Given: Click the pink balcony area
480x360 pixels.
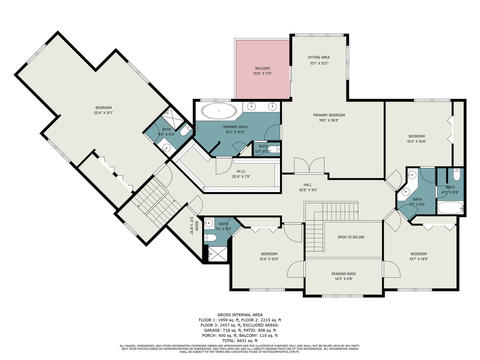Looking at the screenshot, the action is pyautogui.click(x=262, y=69).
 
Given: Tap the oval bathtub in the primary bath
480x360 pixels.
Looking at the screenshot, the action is pyautogui.click(x=219, y=111).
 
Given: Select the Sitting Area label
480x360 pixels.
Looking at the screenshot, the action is pyautogui.click(x=319, y=58).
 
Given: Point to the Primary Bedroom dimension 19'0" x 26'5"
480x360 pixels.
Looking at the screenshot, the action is pyautogui.click(x=329, y=120).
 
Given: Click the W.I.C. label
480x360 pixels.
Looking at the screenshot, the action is pyautogui.click(x=241, y=171).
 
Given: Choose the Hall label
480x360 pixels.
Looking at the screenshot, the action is pyautogui.click(x=307, y=185).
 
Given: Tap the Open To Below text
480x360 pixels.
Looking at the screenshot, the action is pyautogui.click(x=351, y=237).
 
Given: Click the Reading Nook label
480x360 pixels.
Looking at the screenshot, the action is pyautogui.click(x=343, y=274).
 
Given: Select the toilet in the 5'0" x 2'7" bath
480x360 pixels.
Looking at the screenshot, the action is pyautogui.click(x=273, y=149).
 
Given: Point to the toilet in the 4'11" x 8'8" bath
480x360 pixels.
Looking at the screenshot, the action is pyautogui.click(x=457, y=175).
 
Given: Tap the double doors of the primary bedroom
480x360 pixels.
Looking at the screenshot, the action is pyautogui.click(x=309, y=166).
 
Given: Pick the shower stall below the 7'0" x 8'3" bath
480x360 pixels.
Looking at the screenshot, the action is pyautogui.click(x=217, y=254).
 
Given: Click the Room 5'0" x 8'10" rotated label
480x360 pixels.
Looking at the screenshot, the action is pyautogui.click(x=194, y=226).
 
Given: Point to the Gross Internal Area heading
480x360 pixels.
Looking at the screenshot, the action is pyautogui.click(x=240, y=315).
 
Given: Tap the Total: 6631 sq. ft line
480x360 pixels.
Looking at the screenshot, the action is pyautogui.click(x=240, y=341).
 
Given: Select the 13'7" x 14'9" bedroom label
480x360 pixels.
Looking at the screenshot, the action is pyautogui.click(x=419, y=256).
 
